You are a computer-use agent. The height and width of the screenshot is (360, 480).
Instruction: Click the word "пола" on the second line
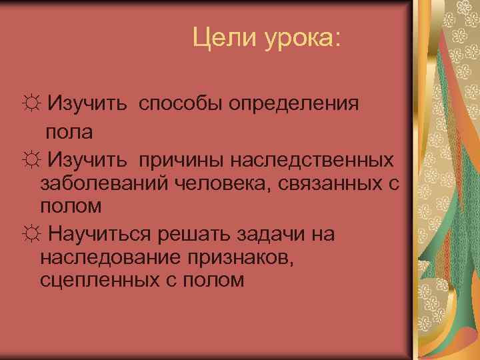(69, 131)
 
